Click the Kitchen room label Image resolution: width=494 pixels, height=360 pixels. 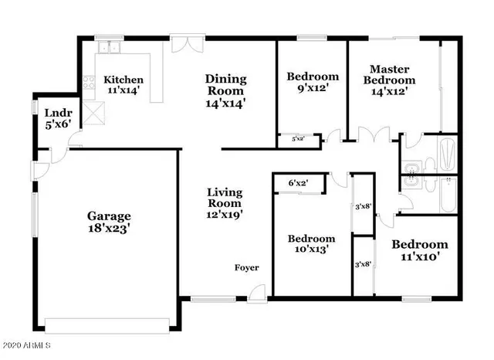coord(123,85)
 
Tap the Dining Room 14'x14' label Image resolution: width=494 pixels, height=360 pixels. coord(225,90)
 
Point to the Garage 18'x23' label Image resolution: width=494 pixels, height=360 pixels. coord(108,222)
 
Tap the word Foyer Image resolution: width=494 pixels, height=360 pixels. coord(247,268)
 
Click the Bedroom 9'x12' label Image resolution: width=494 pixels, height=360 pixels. coord(313,83)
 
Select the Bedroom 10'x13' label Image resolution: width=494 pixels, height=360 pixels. coord(312,245)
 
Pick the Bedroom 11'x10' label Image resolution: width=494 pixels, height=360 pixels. coord(419,251)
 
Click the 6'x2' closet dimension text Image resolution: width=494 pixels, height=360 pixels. coord(298,183)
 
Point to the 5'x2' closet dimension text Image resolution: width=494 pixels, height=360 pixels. coord(297,139)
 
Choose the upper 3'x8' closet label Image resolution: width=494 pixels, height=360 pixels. coord(362,206)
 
